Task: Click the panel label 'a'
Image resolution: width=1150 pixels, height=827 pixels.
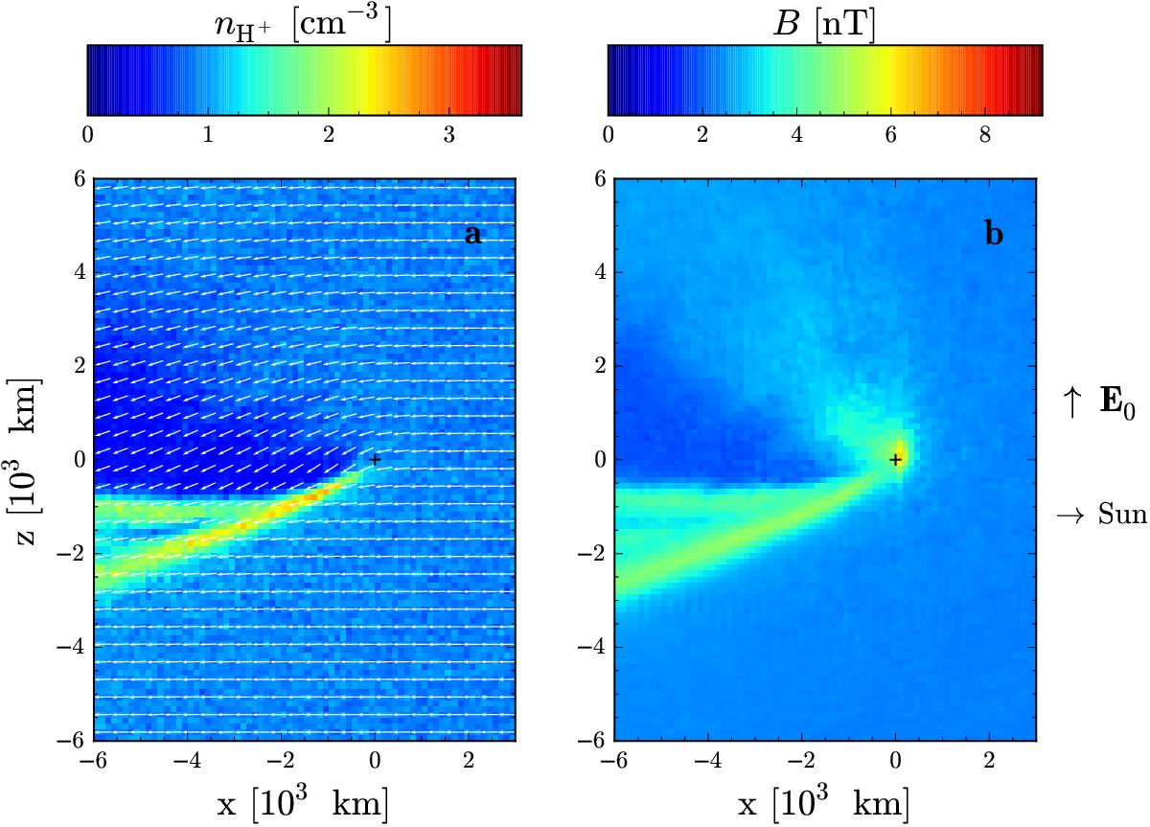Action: click(x=472, y=234)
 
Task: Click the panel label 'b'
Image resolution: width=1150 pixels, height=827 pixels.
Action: click(x=994, y=234)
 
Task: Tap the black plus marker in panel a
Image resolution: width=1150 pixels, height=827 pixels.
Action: click(x=375, y=460)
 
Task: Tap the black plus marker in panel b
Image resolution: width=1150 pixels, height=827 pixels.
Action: click(x=896, y=460)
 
